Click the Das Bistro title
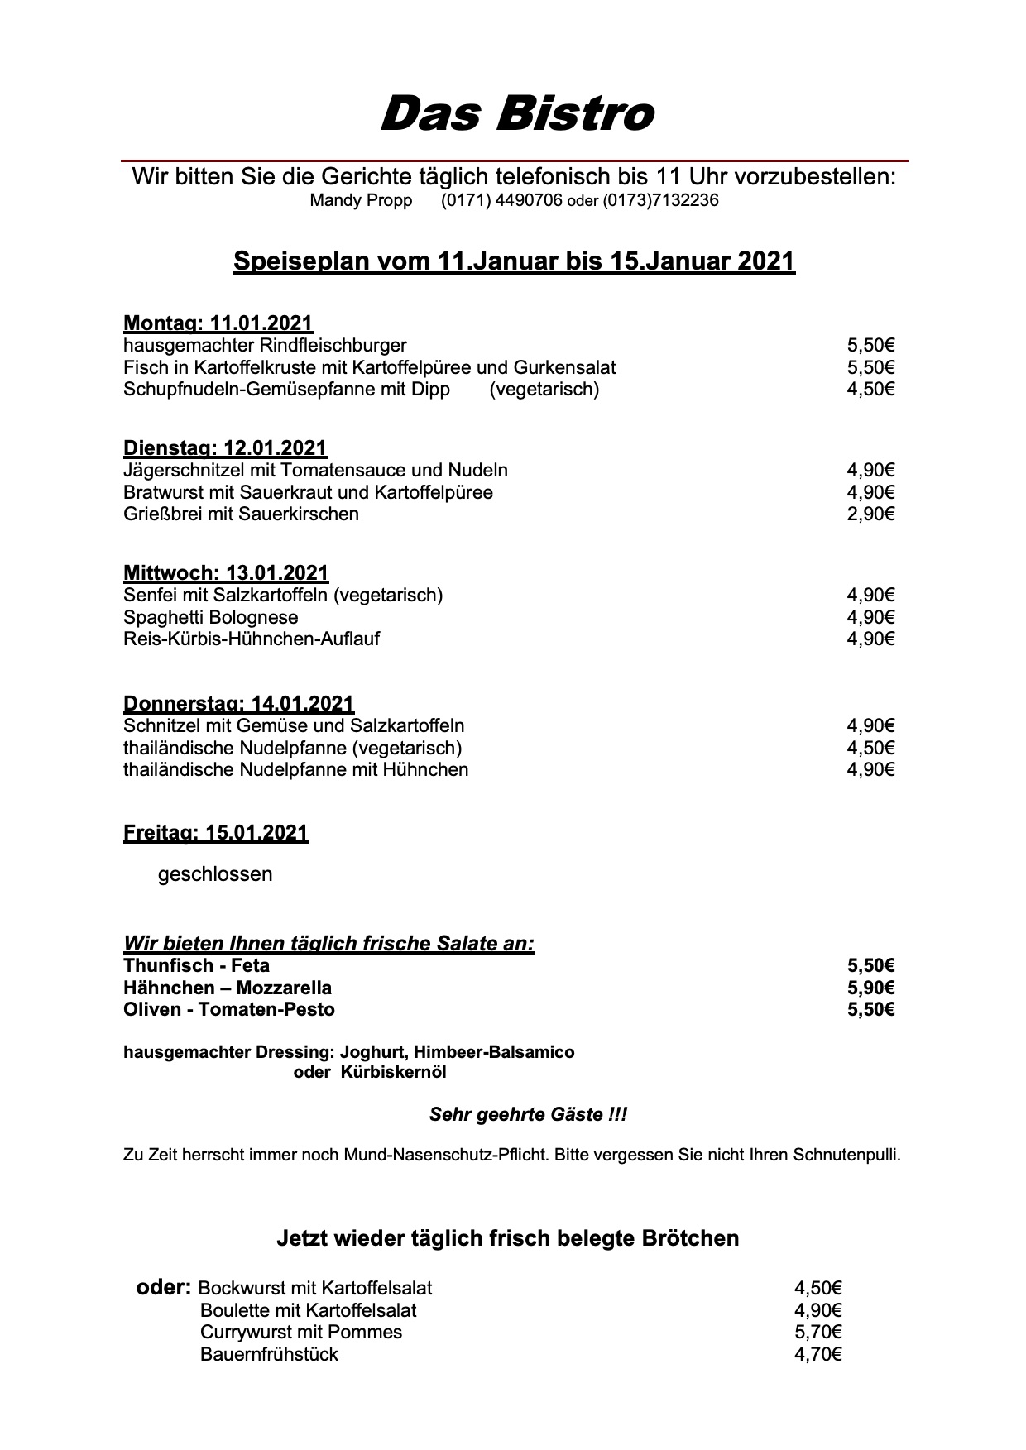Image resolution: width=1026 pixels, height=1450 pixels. click(516, 113)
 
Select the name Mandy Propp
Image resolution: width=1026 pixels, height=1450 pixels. click(361, 201)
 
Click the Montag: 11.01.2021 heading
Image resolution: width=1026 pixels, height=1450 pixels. click(218, 323)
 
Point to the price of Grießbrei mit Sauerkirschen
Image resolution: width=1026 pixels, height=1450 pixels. click(870, 514)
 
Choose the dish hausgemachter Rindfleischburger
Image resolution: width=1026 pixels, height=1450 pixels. click(265, 345)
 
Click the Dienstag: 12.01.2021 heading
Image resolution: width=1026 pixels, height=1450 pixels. click(225, 448)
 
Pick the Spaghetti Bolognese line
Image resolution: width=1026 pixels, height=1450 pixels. click(211, 617)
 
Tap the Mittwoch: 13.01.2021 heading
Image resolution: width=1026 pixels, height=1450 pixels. click(226, 572)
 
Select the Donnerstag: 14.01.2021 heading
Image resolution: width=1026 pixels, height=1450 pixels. click(238, 704)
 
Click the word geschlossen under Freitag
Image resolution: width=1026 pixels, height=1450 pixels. click(215, 874)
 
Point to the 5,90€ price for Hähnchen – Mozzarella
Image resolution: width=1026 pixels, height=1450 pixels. click(870, 988)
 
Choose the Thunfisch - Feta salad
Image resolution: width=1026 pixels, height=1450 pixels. click(197, 965)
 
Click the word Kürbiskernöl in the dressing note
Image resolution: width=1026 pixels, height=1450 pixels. click(393, 1073)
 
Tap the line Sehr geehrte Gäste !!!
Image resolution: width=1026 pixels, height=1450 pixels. click(528, 1115)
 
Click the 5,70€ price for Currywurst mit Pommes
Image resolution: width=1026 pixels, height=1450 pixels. click(817, 1332)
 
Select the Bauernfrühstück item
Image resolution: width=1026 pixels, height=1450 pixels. click(269, 1354)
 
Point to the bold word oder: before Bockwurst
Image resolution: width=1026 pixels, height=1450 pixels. click(164, 1288)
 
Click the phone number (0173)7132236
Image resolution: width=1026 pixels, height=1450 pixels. click(660, 201)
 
